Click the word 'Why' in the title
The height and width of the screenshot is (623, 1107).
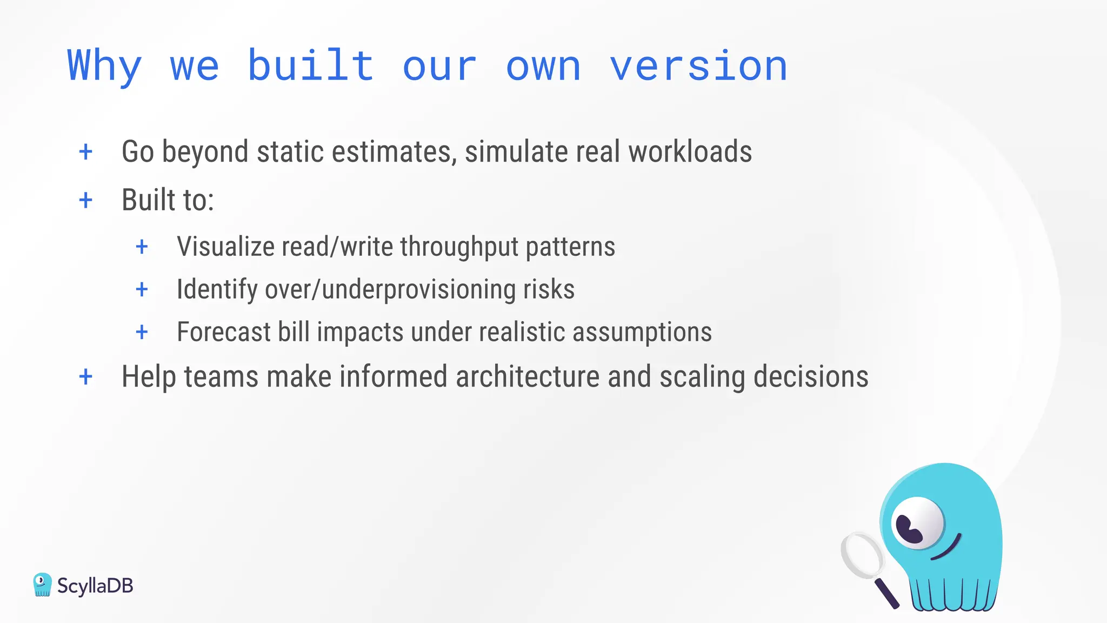pos(104,66)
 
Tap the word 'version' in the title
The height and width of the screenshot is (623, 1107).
pos(698,66)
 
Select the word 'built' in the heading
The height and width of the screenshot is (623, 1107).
pos(310,66)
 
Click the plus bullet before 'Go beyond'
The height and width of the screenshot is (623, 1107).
pos(85,152)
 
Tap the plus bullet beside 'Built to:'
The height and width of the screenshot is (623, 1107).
pos(85,201)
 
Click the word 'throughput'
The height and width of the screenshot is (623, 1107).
pos(459,247)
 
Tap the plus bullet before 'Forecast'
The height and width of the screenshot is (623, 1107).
pos(142,332)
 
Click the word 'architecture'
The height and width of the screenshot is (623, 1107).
pos(527,377)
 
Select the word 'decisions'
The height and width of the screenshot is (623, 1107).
pos(810,377)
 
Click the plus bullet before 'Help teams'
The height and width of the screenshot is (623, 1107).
pos(85,377)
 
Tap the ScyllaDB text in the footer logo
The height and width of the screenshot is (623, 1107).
pos(95,586)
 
